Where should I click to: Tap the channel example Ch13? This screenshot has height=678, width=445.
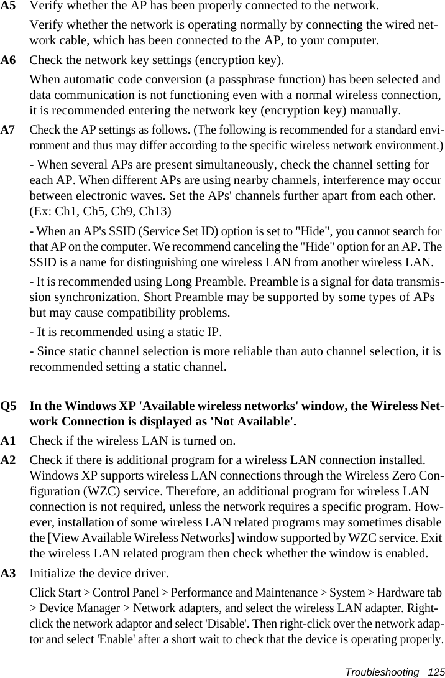tap(155, 211)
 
